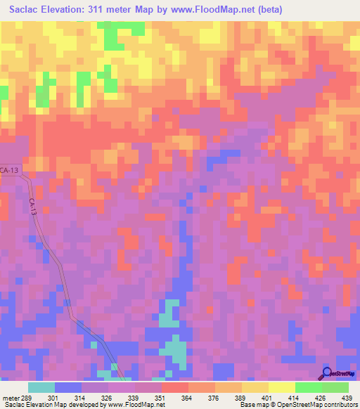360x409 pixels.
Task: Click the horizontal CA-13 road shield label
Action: pyautogui.click(x=10, y=170)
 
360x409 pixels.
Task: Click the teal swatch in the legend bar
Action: pyautogui.click(x=41, y=387)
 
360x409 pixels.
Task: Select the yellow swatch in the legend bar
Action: pyautogui.click(x=281, y=387)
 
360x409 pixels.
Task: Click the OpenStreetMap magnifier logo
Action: pyautogui.click(x=328, y=373)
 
